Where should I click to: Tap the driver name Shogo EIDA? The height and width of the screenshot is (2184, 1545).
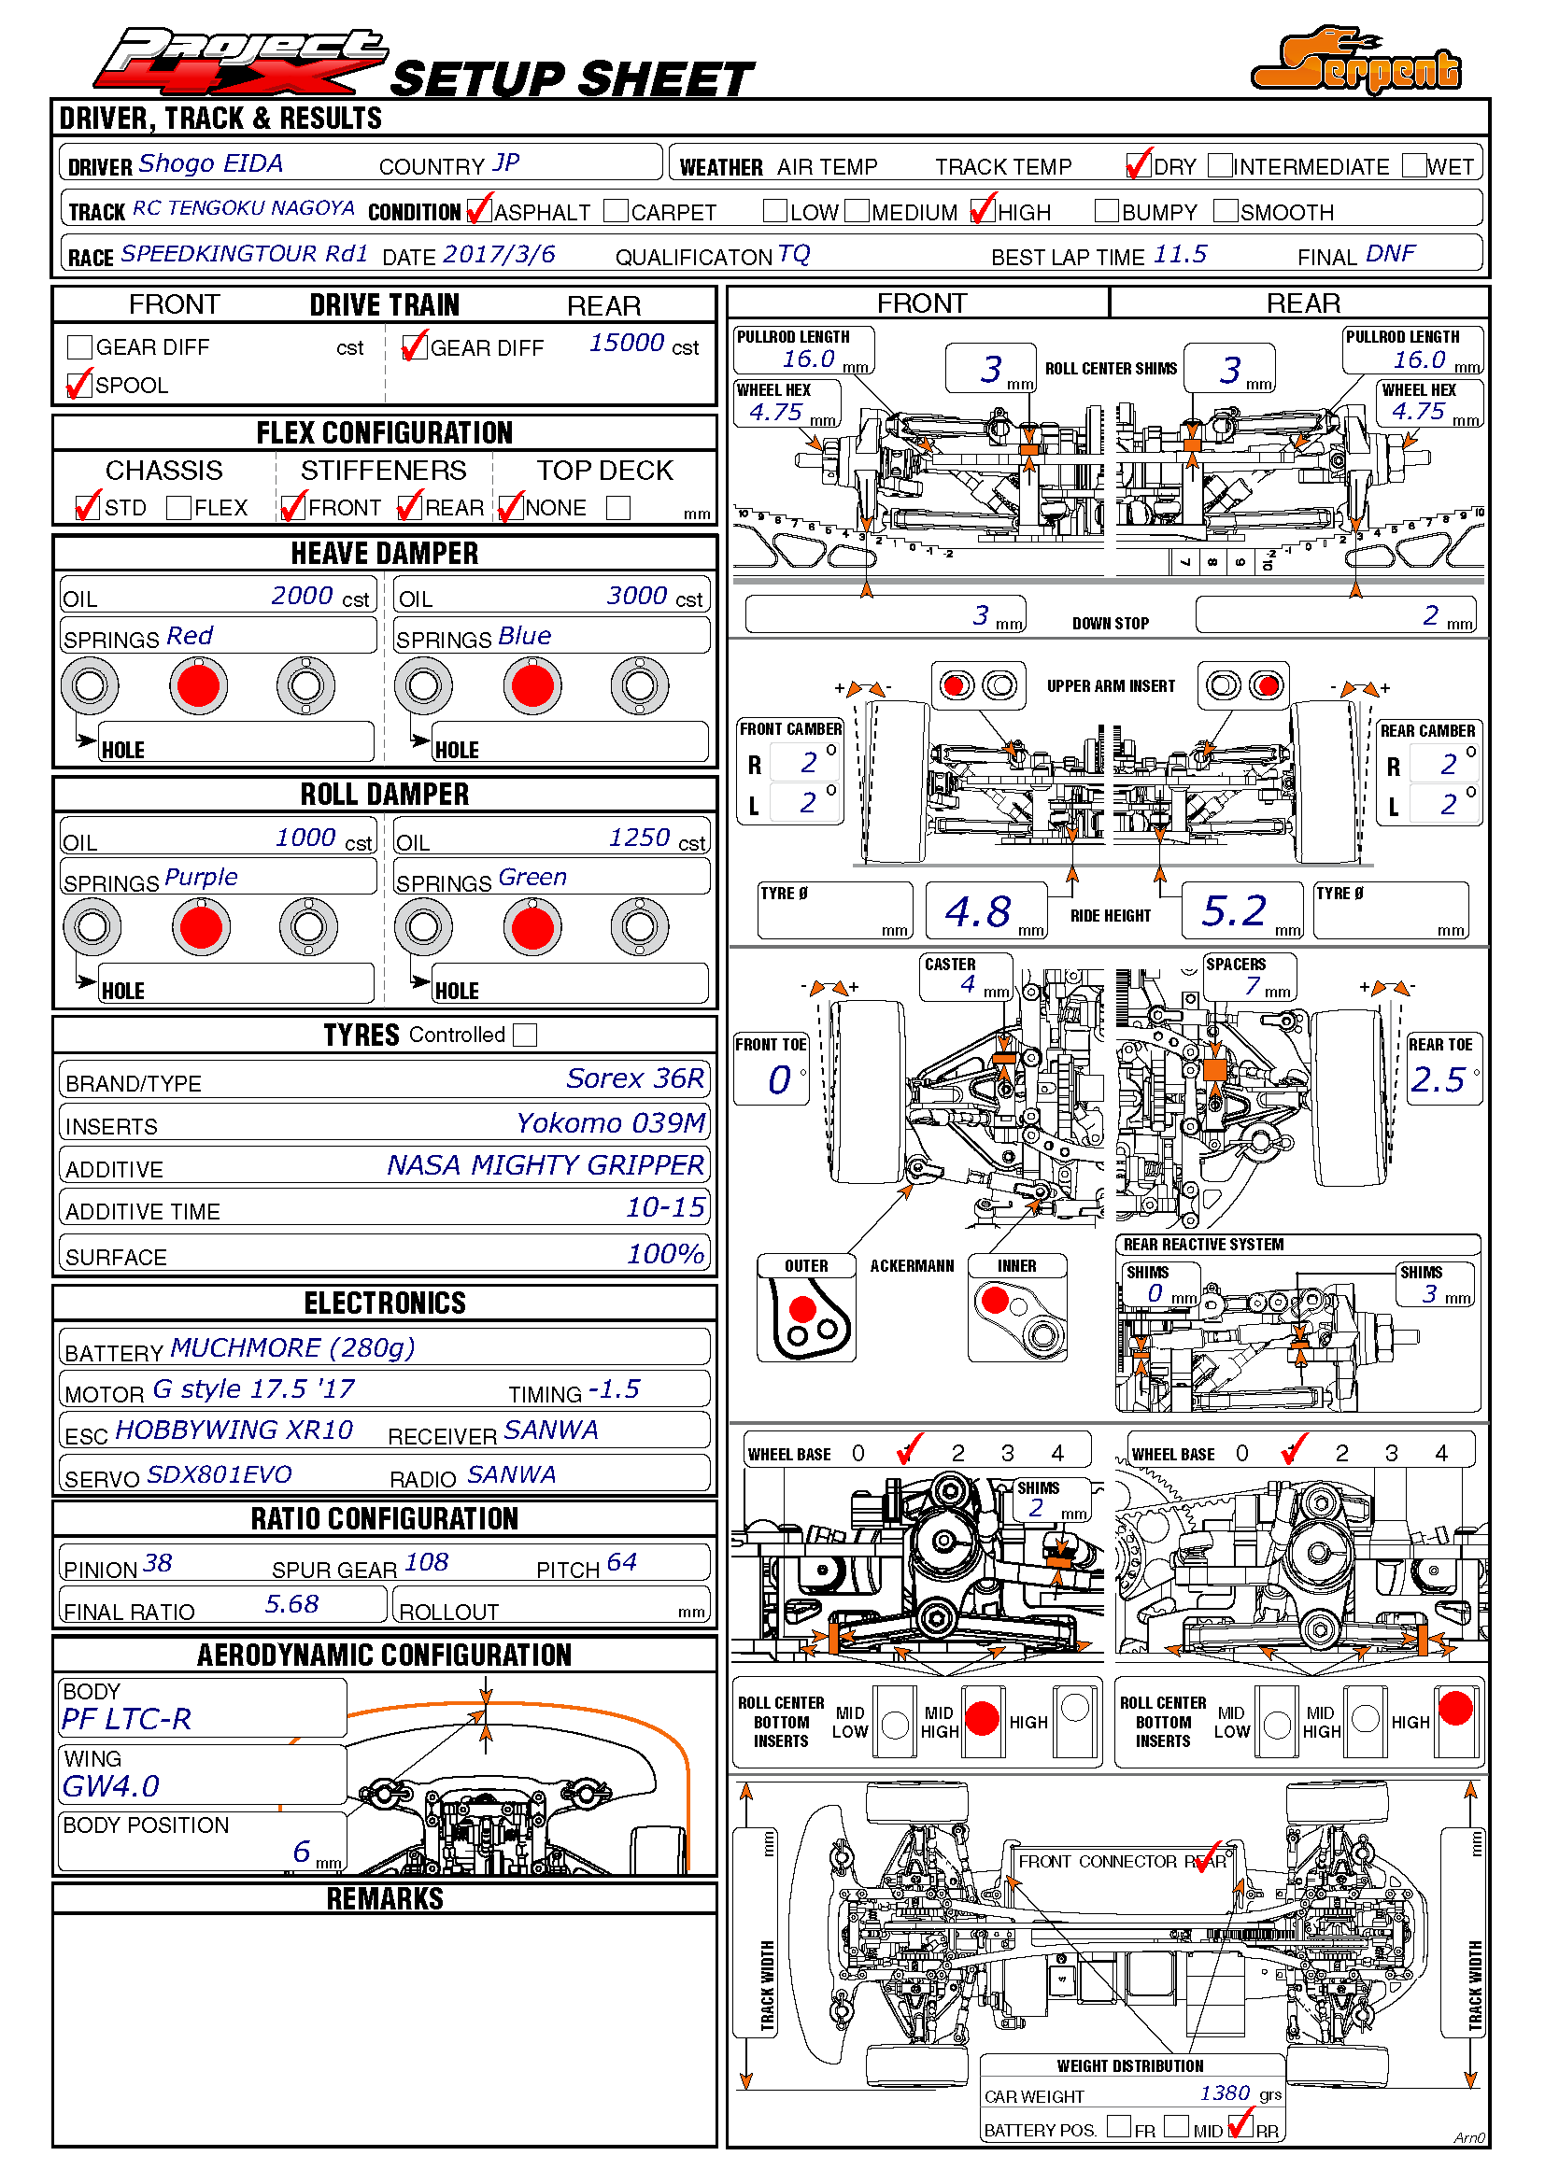[210, 163]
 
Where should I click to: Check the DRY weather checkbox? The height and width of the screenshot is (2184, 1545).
[1139, 165]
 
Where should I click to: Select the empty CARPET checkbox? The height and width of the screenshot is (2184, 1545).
[616, 211]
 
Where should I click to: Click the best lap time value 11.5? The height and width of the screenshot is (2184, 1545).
[1180, 255]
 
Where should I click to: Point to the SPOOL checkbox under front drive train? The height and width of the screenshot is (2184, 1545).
[80, 385]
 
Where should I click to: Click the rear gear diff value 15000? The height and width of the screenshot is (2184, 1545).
[626, 344]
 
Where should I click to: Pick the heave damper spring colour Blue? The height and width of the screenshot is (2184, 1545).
[524, 637]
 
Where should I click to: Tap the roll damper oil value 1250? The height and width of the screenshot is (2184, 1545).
[639, 838]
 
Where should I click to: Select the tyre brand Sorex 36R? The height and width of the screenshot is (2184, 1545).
[634, 1078]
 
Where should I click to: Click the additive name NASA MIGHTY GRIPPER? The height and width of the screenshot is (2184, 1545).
[546, 1165]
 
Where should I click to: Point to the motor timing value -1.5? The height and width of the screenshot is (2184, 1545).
[614, 1389]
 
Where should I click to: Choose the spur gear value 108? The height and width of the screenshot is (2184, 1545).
[426, 1563]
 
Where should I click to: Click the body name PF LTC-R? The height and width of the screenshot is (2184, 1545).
[126, 1720]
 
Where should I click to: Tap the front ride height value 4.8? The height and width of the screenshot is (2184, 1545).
[977, 912]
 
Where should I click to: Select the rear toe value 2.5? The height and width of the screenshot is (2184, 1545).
[1438, 1080]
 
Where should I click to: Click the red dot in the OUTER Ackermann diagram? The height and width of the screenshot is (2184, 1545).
[802, 1309]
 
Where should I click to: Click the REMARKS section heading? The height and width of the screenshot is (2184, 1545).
[384, 1899]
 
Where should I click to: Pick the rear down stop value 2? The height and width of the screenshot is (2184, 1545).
[1430, 615]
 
